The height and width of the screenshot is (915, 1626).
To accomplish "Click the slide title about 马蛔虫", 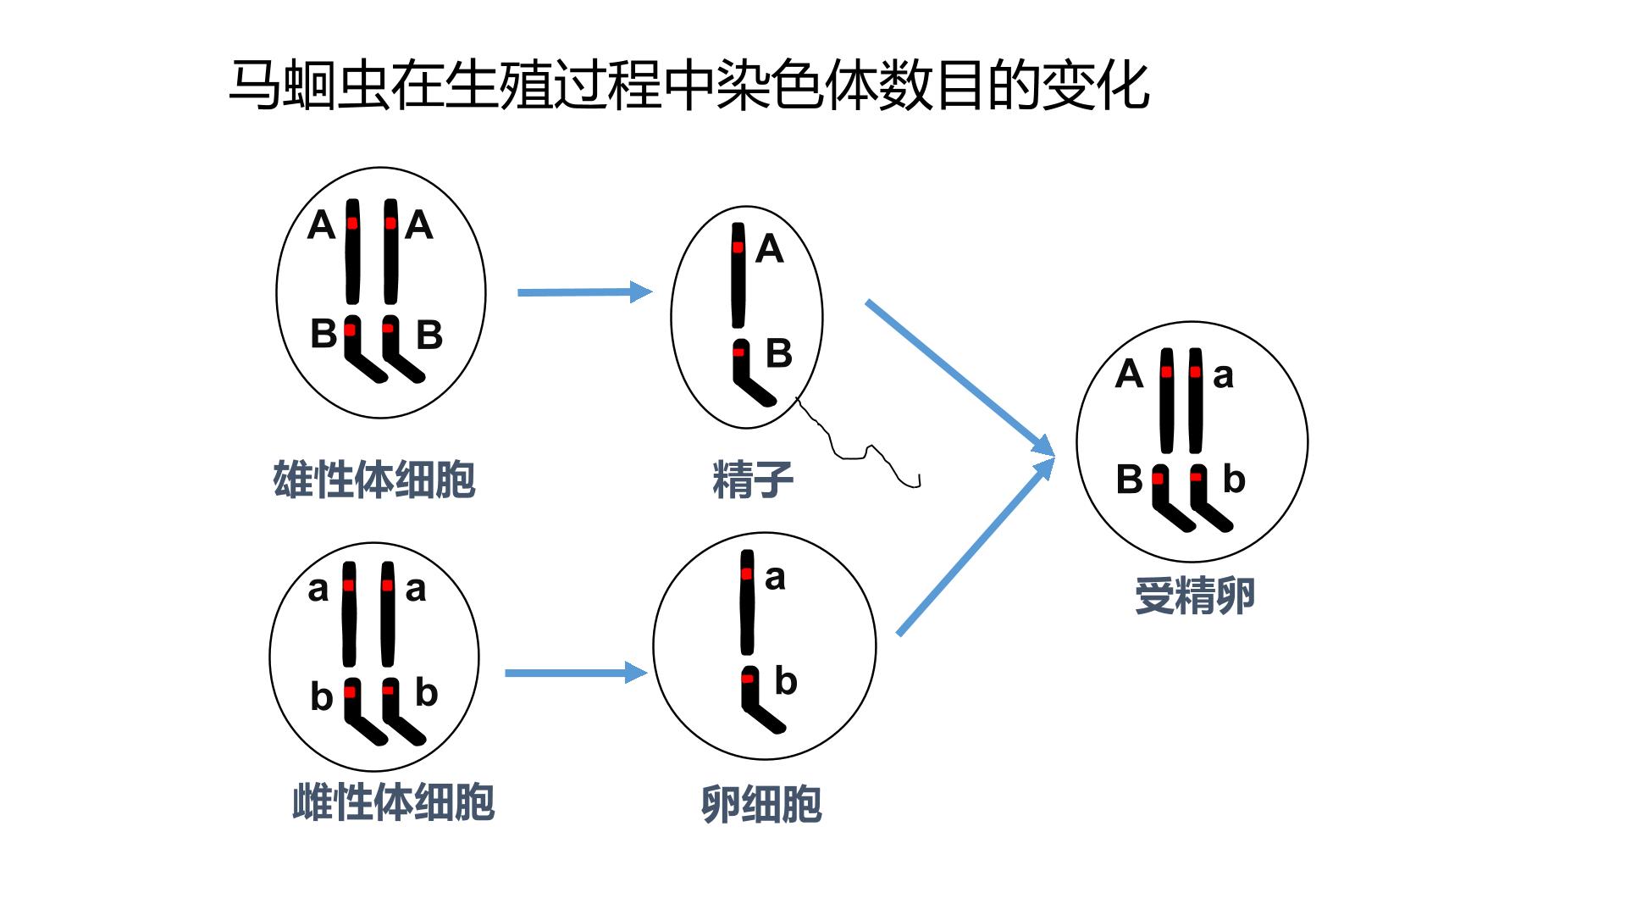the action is [689, 85].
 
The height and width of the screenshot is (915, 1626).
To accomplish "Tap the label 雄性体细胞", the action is [374, 480].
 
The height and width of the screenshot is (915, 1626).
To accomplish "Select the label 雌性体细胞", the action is [393, 801].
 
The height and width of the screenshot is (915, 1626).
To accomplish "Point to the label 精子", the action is [753, 480].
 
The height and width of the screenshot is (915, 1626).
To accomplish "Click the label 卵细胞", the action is [761, 804].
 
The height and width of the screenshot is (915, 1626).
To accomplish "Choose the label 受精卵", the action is [1194, 596].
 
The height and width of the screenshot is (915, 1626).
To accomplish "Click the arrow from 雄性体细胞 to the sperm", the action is [585, 292].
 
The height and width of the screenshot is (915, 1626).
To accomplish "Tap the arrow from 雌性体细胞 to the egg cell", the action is [577, 673].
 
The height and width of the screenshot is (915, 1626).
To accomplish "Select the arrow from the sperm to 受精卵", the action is [960, 379].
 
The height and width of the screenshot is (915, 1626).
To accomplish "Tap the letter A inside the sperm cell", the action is [769, 249].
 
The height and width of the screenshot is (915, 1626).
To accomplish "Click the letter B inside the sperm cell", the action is [779, 353].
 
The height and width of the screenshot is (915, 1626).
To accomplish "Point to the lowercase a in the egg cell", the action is [775, 578].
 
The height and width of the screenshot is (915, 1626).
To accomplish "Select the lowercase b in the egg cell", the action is [786, 680].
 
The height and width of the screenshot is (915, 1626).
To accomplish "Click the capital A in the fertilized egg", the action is [1129, 374].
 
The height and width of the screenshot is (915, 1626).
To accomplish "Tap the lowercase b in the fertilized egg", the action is [1234, 479].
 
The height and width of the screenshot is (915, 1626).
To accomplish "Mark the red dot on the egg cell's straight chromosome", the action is [746, 574].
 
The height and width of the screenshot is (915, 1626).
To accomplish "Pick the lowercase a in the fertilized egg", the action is [1223, 375].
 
